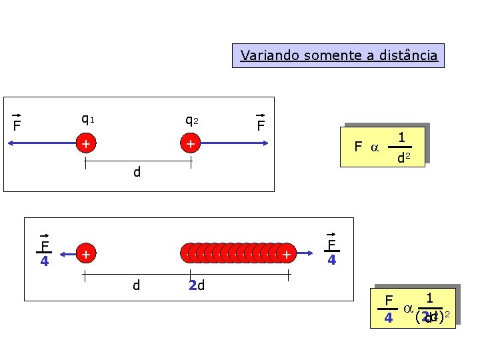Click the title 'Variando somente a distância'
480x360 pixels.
click(339, 55)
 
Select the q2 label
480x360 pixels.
click(191, 121)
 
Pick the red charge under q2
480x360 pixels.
click(191, 143)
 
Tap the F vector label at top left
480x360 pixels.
click(17, 125)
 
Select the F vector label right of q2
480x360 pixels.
click(261, 125)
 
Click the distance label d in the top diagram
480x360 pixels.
click(137, 173)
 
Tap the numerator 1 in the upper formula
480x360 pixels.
click(403, 137)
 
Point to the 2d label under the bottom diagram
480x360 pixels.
click(196, 286)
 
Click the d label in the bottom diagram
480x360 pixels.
click(136, 286)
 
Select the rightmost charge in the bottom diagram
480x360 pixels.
click(286, 254)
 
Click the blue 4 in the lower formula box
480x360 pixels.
click(388, 319)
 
